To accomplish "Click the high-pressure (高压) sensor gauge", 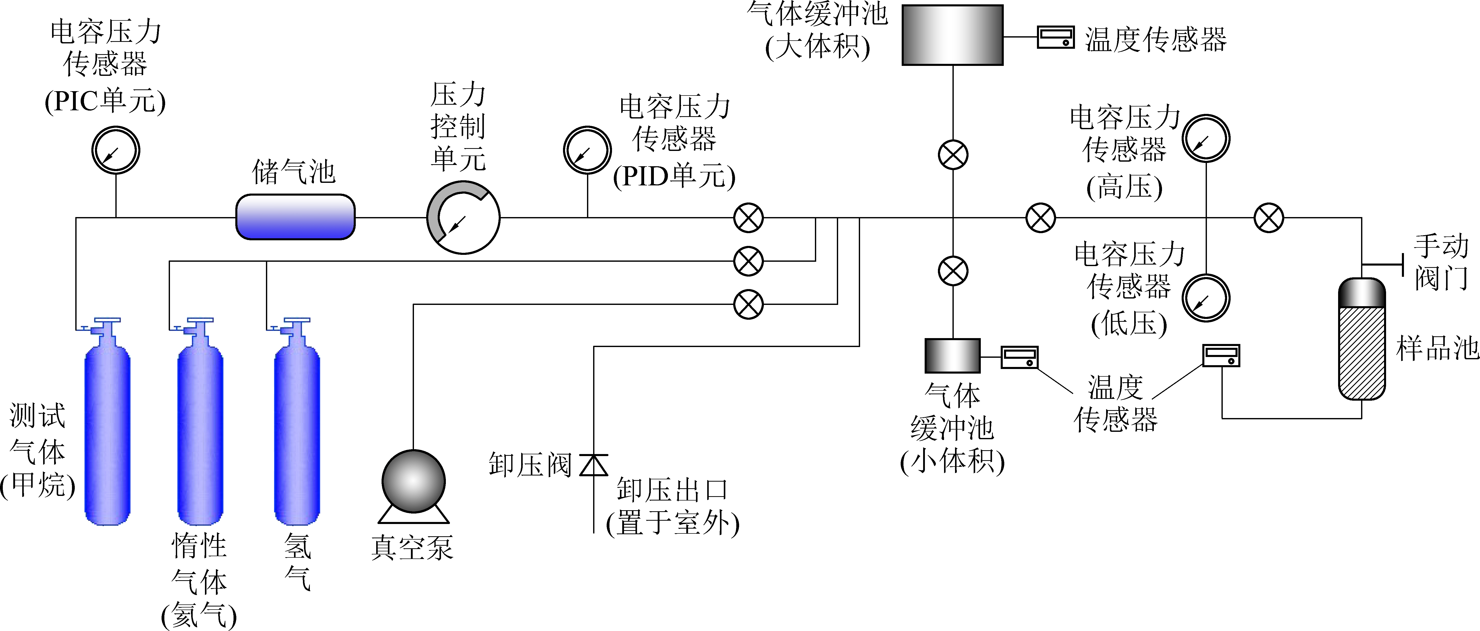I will [x=1206, y=138].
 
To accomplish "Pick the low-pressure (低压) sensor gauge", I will [x=1206, y=298].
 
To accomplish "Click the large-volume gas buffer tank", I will [x=952, y=35].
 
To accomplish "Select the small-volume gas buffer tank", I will [x=952, y=356].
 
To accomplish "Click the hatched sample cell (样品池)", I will [x=1362, y=352].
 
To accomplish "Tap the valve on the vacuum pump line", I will [x=749, y=304].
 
